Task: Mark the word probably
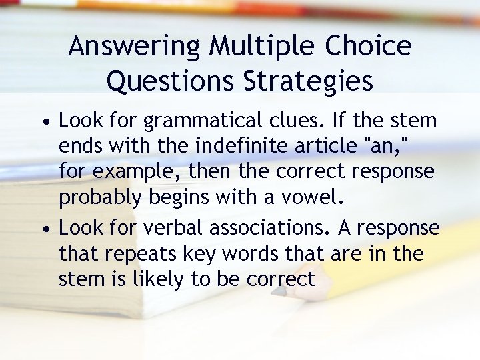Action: [100, 197]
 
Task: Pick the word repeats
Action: [136, 254]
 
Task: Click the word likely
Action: [157, 279]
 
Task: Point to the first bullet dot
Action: [43, 123]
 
